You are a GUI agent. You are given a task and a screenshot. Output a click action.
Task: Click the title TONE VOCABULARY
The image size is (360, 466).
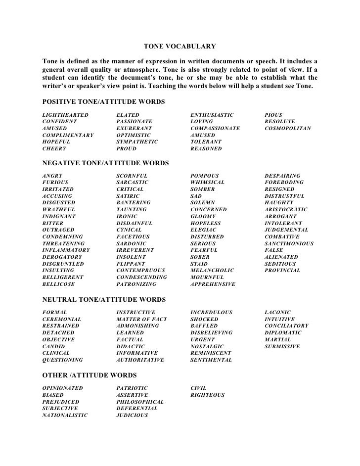coord(180,47)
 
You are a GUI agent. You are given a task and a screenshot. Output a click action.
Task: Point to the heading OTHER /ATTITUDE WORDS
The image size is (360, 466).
coord(90,375)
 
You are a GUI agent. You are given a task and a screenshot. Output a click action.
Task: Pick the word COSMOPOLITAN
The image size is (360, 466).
coord(288,128)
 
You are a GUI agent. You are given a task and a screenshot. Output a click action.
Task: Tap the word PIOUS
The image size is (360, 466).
coord(273,115)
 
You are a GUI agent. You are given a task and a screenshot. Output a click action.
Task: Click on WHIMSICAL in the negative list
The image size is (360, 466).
coord(208,183)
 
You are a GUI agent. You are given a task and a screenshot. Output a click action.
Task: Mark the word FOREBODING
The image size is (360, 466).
coord(284,183)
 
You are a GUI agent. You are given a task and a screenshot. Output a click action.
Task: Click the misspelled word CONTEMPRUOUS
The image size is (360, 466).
coord(141,271)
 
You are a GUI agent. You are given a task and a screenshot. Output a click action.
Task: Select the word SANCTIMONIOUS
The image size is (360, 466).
coord(289,244)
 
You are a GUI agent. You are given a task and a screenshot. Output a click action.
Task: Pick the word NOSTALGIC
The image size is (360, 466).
coord(207,347)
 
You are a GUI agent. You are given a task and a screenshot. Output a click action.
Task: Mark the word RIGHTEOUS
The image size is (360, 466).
coord(208,395)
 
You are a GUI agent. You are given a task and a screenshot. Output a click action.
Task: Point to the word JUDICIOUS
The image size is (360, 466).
coord(132,416)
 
